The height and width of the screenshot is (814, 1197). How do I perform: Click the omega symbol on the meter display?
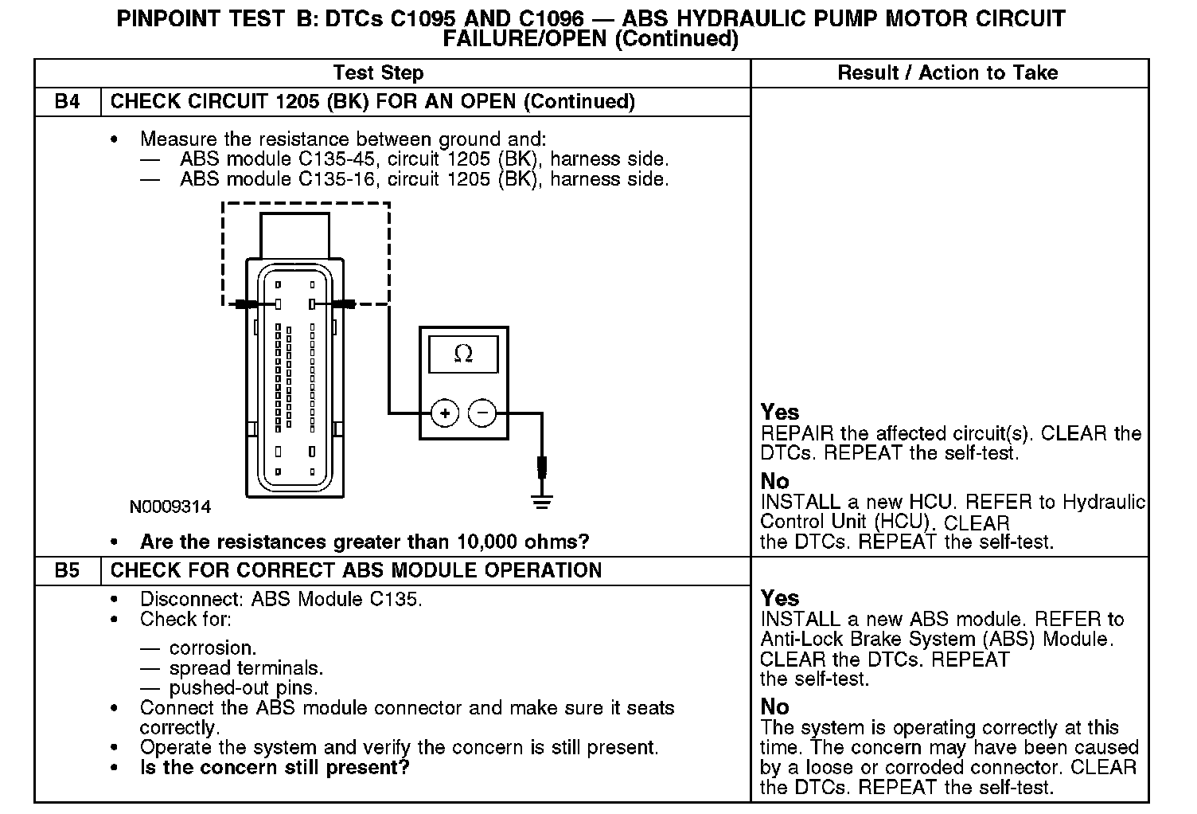point(463,354)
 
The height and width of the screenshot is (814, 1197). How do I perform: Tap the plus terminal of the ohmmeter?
point(445,413)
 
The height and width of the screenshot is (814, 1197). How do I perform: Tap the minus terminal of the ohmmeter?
point(482,413)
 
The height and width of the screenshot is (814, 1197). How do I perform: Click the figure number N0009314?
point(170,507)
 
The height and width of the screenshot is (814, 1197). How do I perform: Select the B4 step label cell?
point(68,102)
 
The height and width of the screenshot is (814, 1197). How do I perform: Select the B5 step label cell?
point(68,570)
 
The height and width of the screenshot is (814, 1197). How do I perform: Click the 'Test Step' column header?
point(378,73)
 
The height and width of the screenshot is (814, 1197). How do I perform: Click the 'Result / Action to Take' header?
point(948,73)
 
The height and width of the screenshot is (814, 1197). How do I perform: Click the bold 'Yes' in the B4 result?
point(780,412)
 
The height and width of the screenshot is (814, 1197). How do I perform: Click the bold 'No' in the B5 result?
point(774,706)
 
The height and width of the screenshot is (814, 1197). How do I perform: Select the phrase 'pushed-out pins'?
point(243,688)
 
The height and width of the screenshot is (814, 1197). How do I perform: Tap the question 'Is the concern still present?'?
point(275,768)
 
